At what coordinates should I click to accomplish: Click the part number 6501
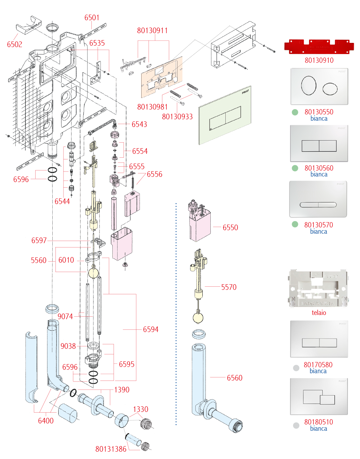pyautogui.click(x=92, y=18)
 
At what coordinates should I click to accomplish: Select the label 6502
pyautogui.click(x=15, y=45)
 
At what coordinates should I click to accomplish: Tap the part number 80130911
pyautogui.click(x=152, y=31)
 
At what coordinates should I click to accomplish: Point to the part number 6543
pyautogui.click(x=139, y=125)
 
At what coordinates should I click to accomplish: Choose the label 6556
pyautogui.click(x=155, y=174)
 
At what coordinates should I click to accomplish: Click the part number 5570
pyautogui.click(x=229, y=287)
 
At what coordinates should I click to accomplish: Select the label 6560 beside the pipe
pyautogui.click(x=234, y=378)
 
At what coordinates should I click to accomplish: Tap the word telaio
pyautogui.click(x=319, y=313)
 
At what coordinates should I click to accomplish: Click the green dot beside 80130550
pyautogui.click(x=295, y=112)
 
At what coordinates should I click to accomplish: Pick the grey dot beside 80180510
pyautogui.click(x=296, y=426)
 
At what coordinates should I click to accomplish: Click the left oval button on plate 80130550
pyautogui.click(x=309, y=85)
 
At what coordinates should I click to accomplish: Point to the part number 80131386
pyautogui.click(x=111, y=449)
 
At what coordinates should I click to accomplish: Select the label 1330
pyautogui.click(x=141, y=409)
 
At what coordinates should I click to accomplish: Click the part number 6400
pyautogui.click(x=46, y=421)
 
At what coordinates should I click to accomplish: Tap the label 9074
pyautogui.click(x=65, y=317)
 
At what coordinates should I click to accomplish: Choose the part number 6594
pyautogui.click(x=151, y=330)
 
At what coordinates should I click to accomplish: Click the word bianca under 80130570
pyautogui.click(x=318, y=232)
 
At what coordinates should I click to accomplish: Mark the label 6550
pyautogui.click(x=230, y=228)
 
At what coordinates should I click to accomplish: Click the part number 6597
pyautogui.click(x=39, y=241)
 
